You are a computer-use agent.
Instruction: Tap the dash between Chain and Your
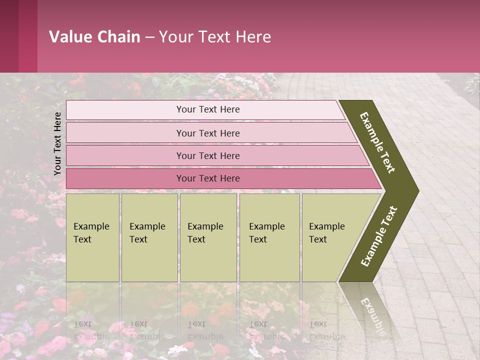tap(149, 37)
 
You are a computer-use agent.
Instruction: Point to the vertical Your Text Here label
tap(57, 143)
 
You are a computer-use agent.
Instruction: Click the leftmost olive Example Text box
tap(92, 237)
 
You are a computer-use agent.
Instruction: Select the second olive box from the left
tap(149, 237)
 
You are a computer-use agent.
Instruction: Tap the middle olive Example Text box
tap(207, 237)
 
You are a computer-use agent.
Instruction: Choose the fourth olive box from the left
tap(269, 237)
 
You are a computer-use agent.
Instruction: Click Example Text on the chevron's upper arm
tap(377, 142)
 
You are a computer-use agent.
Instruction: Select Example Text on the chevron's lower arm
tap(378, 236)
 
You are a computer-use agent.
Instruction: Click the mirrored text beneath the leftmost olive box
tap(91, 330)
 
